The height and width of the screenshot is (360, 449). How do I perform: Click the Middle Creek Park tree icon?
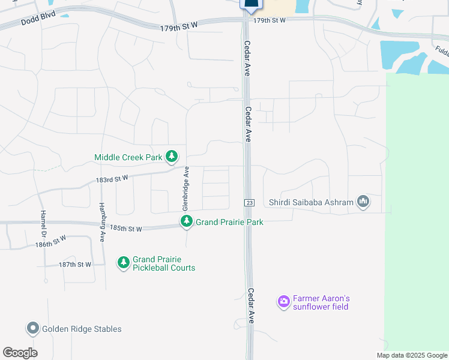tap(172, 157)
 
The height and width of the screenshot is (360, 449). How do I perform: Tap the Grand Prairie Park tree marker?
tap(187, 222)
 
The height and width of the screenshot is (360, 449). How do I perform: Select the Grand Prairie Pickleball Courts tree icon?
tap(123, 263)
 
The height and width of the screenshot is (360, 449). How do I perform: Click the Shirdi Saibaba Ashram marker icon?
tap(363, 202)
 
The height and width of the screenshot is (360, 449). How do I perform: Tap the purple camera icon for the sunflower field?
tap(283, 302)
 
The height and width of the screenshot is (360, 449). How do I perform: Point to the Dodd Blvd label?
tap(38, 21)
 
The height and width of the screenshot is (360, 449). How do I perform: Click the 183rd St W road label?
tap(112, 178)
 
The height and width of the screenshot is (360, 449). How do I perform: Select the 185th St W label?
tap(126, 229)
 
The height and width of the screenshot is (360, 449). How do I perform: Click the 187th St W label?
tap(74, 265)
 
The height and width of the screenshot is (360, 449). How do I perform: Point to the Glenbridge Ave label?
tap(185, 188)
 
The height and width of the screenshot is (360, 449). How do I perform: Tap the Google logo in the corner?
tap(20, 353)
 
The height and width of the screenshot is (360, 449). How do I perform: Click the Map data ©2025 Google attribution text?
tap(411, 355)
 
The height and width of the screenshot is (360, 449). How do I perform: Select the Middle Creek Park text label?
tap(128, 157)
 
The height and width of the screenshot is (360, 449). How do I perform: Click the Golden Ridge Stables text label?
tap(82, 329)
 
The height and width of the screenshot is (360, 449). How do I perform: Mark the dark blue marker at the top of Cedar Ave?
tap(251, 5)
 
